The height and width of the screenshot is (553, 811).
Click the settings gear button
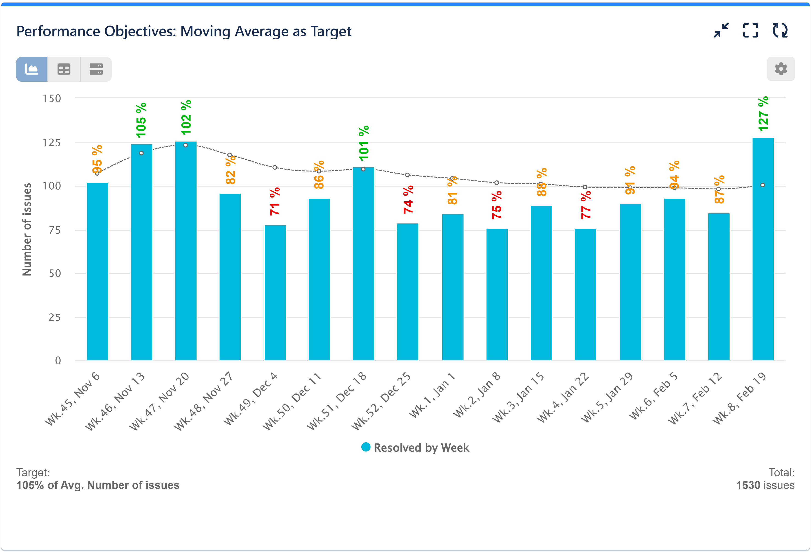[x=781, y=69]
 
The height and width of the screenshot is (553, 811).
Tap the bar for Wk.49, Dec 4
[x=275, y=293]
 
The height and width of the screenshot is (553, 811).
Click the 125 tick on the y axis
[x=52, y=143]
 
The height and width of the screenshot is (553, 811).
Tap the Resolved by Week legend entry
[x=415, y=448]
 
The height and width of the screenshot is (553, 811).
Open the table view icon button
[x=64, y=69]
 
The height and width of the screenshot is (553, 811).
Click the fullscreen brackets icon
[x=750, y=30]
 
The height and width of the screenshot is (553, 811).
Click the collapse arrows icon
[x=721, y=30]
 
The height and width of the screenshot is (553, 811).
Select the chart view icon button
[x=32, y=69]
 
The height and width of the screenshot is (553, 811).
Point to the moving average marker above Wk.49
[x=275, y=168]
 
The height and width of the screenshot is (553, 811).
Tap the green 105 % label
[x=141, y=120]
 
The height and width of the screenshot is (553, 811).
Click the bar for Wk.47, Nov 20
[x=186, y=251]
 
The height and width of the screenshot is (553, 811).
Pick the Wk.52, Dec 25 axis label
[x=381, y=401]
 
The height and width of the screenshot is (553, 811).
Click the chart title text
[x=184, y=31]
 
